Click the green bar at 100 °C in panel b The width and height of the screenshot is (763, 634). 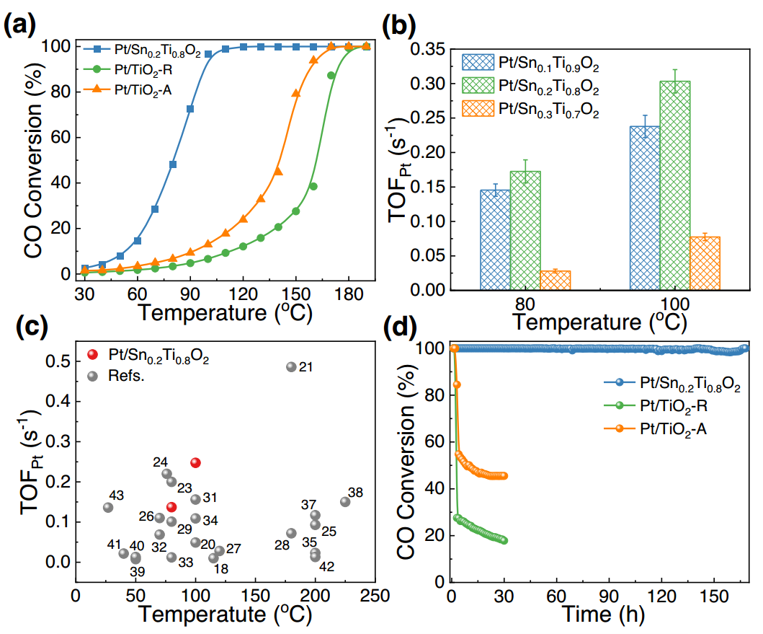[674, 185]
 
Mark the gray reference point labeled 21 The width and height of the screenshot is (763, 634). [291, 366]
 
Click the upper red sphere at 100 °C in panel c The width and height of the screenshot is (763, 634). [195, 462]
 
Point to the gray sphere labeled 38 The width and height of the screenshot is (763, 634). [345, 501]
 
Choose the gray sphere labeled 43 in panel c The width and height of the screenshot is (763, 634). [108, 507]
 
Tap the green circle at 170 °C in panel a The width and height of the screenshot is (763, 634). [331, 75]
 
